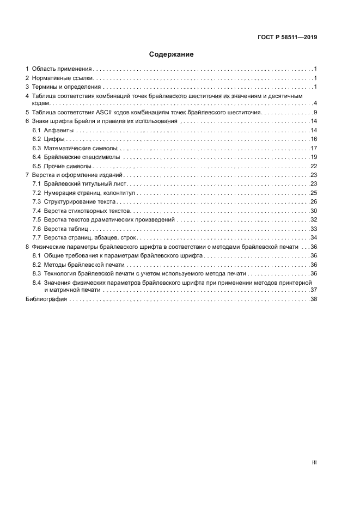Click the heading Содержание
click(172, 54)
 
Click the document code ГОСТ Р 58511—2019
click(287, 38)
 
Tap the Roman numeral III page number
click(314, 462)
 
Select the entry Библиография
click(46, 299)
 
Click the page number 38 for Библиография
click(314, 299)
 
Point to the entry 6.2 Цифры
click(45, 139)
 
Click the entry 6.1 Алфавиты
click(50, 130)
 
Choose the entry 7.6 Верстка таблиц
click(58, 228)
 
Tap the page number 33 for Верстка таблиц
click(314, 228)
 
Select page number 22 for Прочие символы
click(314, 166)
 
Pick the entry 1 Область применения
click(60, 69)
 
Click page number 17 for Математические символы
click(314, 148)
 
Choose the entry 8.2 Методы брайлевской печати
click(76, 264)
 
